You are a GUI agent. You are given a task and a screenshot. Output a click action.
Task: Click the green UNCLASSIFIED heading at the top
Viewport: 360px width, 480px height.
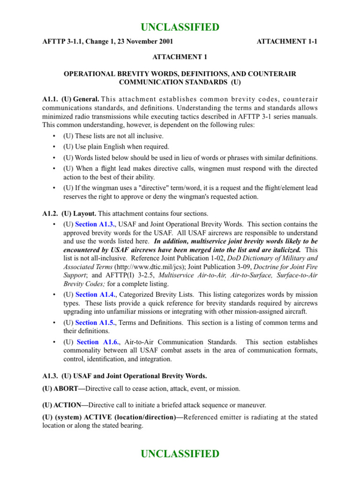[x=180, y=28]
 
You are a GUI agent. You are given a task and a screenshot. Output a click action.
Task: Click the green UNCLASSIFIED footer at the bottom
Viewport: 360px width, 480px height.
[x=180, y=454]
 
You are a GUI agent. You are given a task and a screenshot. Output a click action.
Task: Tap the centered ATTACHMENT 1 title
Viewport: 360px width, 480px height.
[x=180, y=57]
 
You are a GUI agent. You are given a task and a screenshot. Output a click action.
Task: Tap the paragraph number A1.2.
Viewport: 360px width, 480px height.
[x=50, y=213]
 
